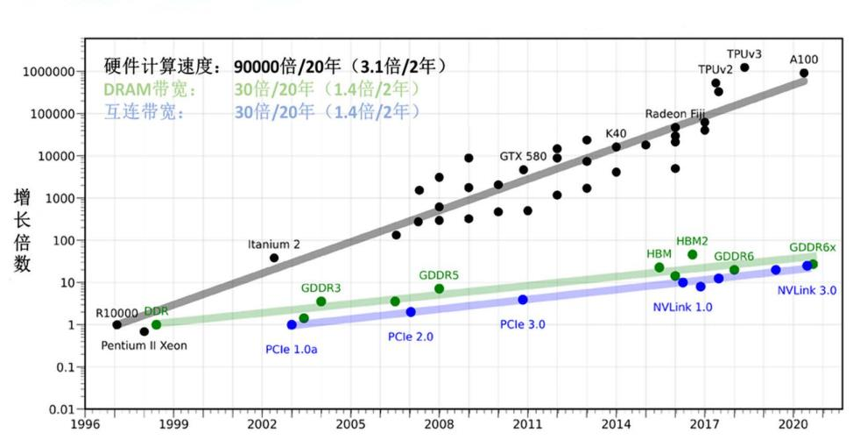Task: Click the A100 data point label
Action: pos(804,60)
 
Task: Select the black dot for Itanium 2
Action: pos(274,258)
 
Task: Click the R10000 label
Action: pos(116,313)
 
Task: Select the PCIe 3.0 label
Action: pos(523,324)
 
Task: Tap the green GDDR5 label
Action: pos(439,275)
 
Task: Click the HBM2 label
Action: pos(692,240)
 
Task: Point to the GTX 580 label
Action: pos(523,156)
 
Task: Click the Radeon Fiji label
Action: pos(675,114)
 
